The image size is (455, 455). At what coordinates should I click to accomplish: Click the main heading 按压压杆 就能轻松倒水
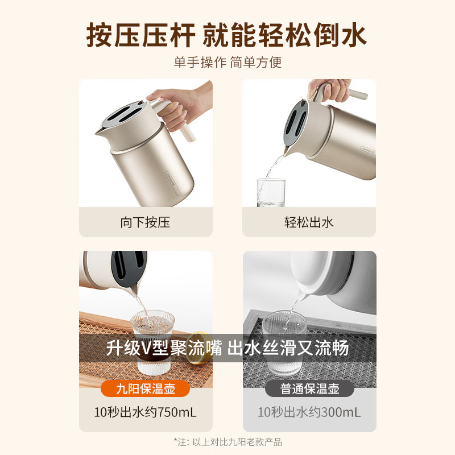pos(227,35)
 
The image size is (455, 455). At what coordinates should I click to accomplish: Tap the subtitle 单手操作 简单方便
pos(227,62)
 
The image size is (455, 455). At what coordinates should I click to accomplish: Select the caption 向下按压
pos(146,222)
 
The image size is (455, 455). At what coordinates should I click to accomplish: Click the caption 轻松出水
pos(309,222)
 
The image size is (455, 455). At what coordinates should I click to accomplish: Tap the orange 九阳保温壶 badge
pos(145,389)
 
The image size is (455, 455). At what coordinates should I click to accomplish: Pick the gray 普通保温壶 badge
pos(309,389)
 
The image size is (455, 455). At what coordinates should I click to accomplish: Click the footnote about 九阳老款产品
pos(227,442)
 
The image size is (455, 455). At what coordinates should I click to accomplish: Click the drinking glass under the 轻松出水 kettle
pos(271,192)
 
